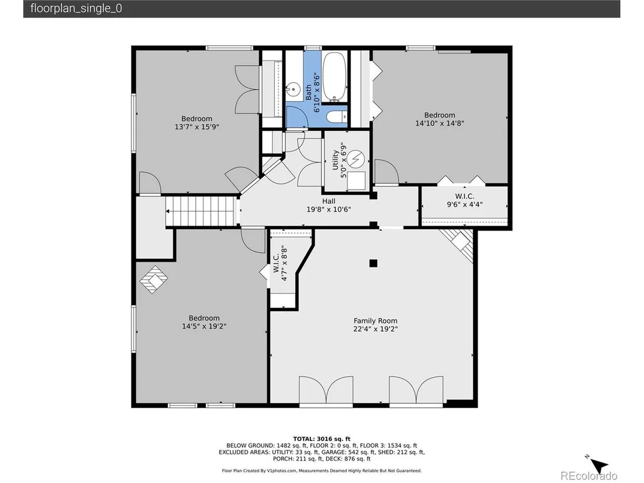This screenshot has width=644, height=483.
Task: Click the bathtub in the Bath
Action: click(x=334, y=76)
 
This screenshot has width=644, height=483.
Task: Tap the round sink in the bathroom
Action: click(x=293, y=88)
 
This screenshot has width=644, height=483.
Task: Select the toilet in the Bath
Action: click(x=337, y=117)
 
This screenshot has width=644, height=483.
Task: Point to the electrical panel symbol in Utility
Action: click(x=355, y=158)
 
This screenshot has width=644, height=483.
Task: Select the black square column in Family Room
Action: click(x=373, y=263)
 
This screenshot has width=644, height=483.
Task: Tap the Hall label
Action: click(x=328, y=201)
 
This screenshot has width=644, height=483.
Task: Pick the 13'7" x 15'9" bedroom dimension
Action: click(x=196, y=127)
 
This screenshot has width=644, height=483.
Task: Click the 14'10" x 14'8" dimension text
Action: click(x=439, y=123)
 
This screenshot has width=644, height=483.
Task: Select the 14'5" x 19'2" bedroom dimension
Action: click(x=204, y=326)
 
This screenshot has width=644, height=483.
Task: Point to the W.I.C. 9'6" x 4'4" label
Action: click(x=464, y=200)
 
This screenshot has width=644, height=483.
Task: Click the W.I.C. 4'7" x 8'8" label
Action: click(x=280, y=263)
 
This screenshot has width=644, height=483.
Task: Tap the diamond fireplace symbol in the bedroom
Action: click(x=153, y=280)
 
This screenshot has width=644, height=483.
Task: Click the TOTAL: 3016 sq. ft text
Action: click(x=321, y=439)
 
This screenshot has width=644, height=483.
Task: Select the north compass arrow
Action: click(x=598, y=465)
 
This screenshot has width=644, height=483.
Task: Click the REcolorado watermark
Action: click(x=589, y=475)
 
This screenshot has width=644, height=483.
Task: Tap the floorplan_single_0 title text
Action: click(x=76, y=9)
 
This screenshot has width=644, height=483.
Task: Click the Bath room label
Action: click(x=309, y=92)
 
